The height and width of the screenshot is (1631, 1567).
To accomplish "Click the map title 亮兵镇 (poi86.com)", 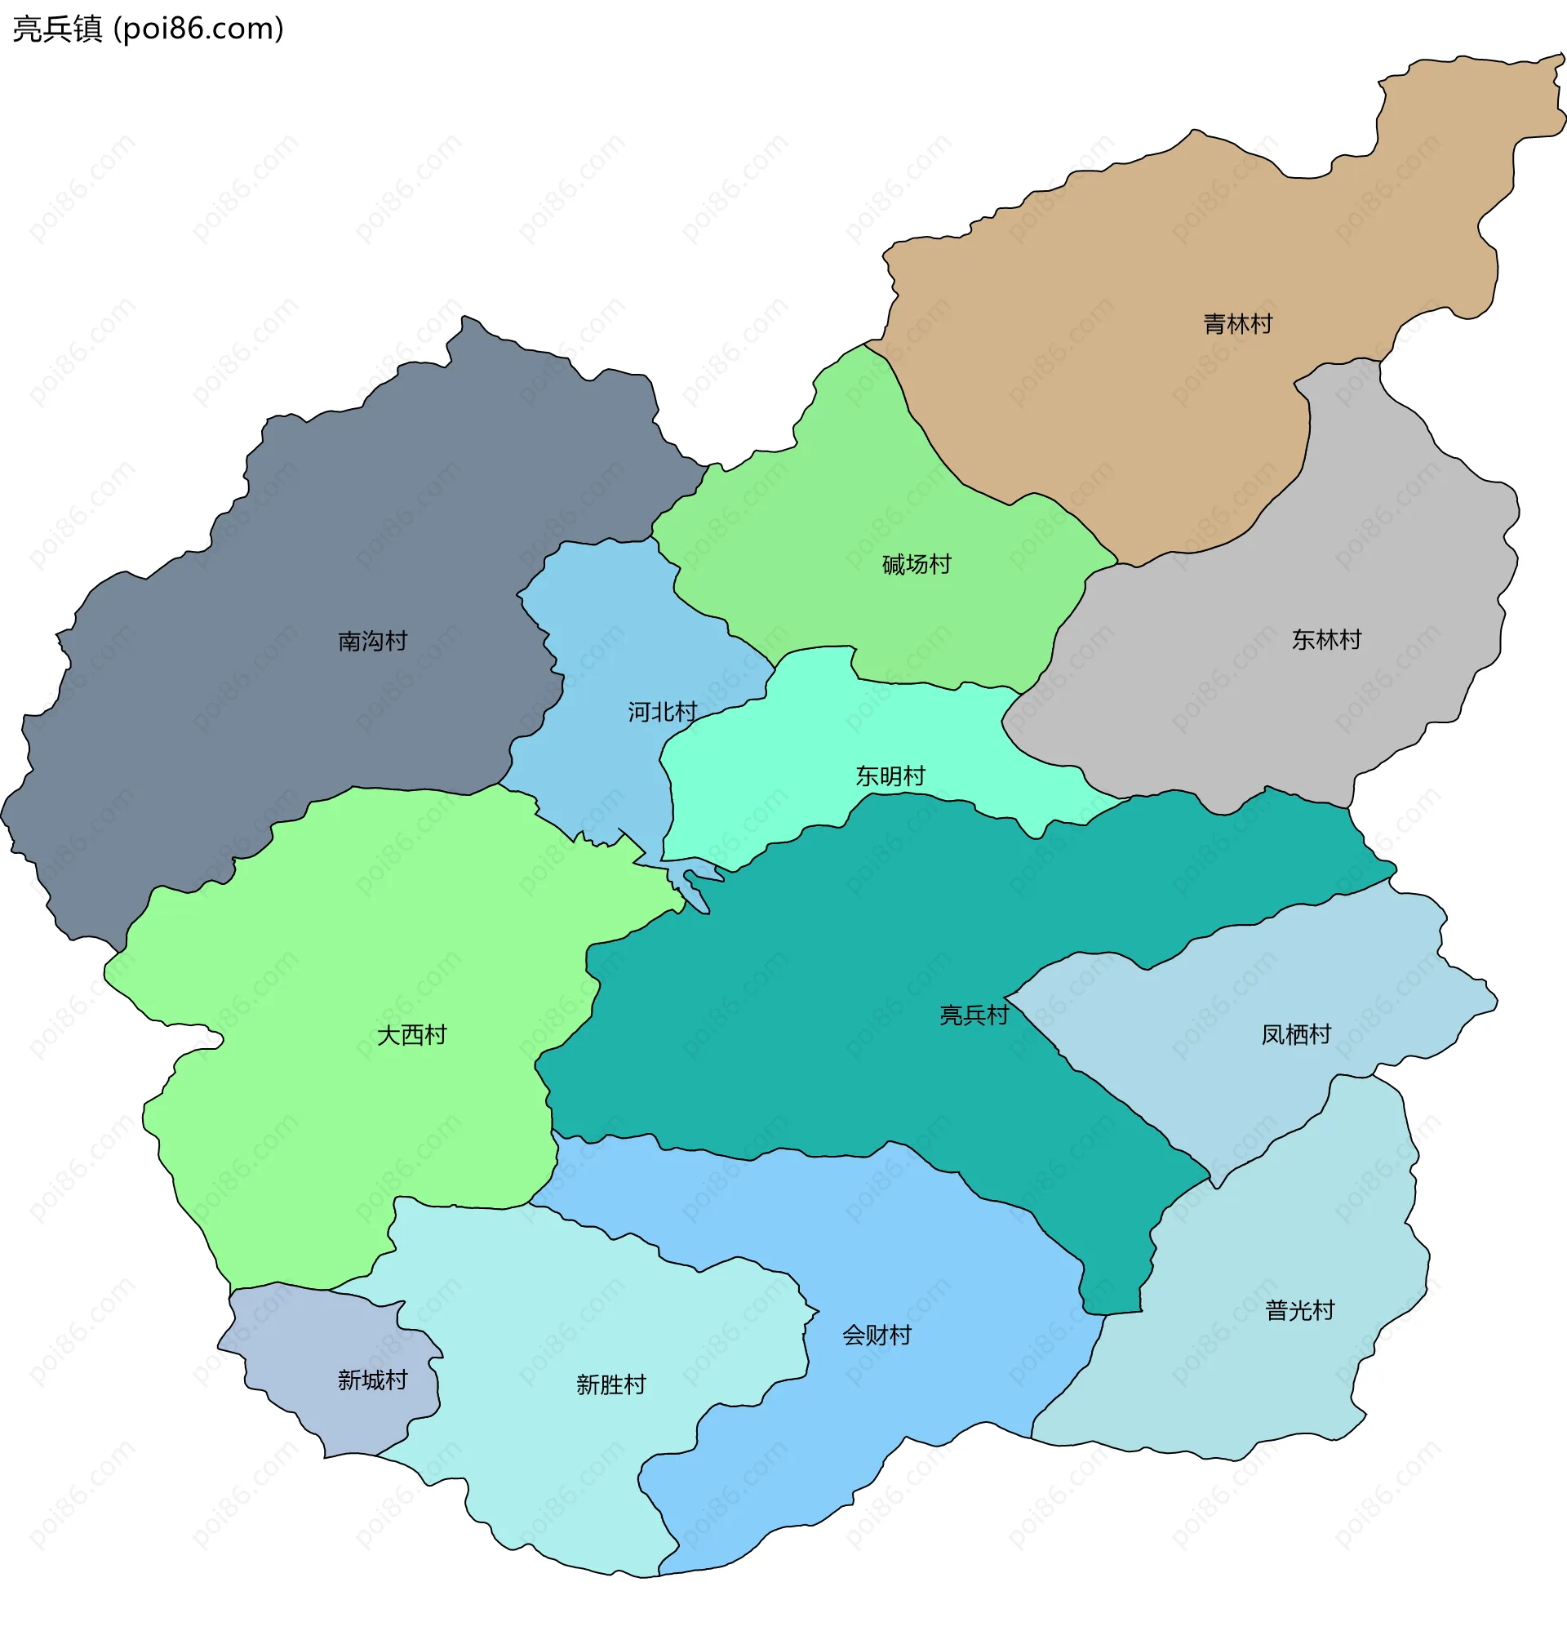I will pyautogui.click(x=148, y=29).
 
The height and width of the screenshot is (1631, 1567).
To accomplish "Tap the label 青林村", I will pyautogui.click(x=1237, y=324).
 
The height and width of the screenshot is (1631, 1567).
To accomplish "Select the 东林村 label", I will pyautogui.click(x=1325, y=639).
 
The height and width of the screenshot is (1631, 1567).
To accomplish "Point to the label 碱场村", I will pyautogui.click(x=917, y=564).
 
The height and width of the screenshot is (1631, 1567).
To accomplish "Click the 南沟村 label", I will pyautogui.click(x=372, y=641).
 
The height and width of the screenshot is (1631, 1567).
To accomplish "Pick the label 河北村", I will pyautogui.click(x=662, y=712).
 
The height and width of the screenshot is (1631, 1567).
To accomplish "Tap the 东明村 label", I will pyautogui.click(x=890, y=776).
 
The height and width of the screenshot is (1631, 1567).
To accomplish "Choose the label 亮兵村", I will pyautogui.click(x=974, y=1015).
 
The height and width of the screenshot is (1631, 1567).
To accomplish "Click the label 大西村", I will pyautogui.click(x=412, y=1034).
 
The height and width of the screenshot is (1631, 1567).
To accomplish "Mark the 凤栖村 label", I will pyautogui.click(x=1296, y=1033).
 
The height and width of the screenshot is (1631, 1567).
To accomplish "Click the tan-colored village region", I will pyautogui.click(x=1124, y=399).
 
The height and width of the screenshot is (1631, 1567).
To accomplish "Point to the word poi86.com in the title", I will pyautogui.click(x=198, y=29).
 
